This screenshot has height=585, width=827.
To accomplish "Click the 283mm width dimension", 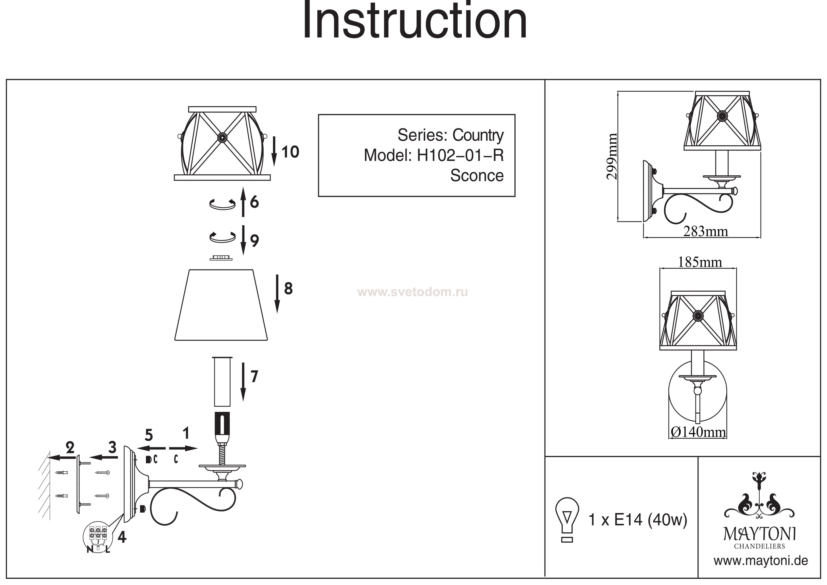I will point(706,231).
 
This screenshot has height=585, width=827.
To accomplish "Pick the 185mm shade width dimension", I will point(700,262).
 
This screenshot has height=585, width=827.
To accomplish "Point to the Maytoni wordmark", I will point(759,534).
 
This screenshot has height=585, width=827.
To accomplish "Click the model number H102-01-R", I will point(460,155).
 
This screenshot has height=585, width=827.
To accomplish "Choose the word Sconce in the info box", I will point(476,175).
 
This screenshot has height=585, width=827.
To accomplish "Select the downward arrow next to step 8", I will point(277,294).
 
